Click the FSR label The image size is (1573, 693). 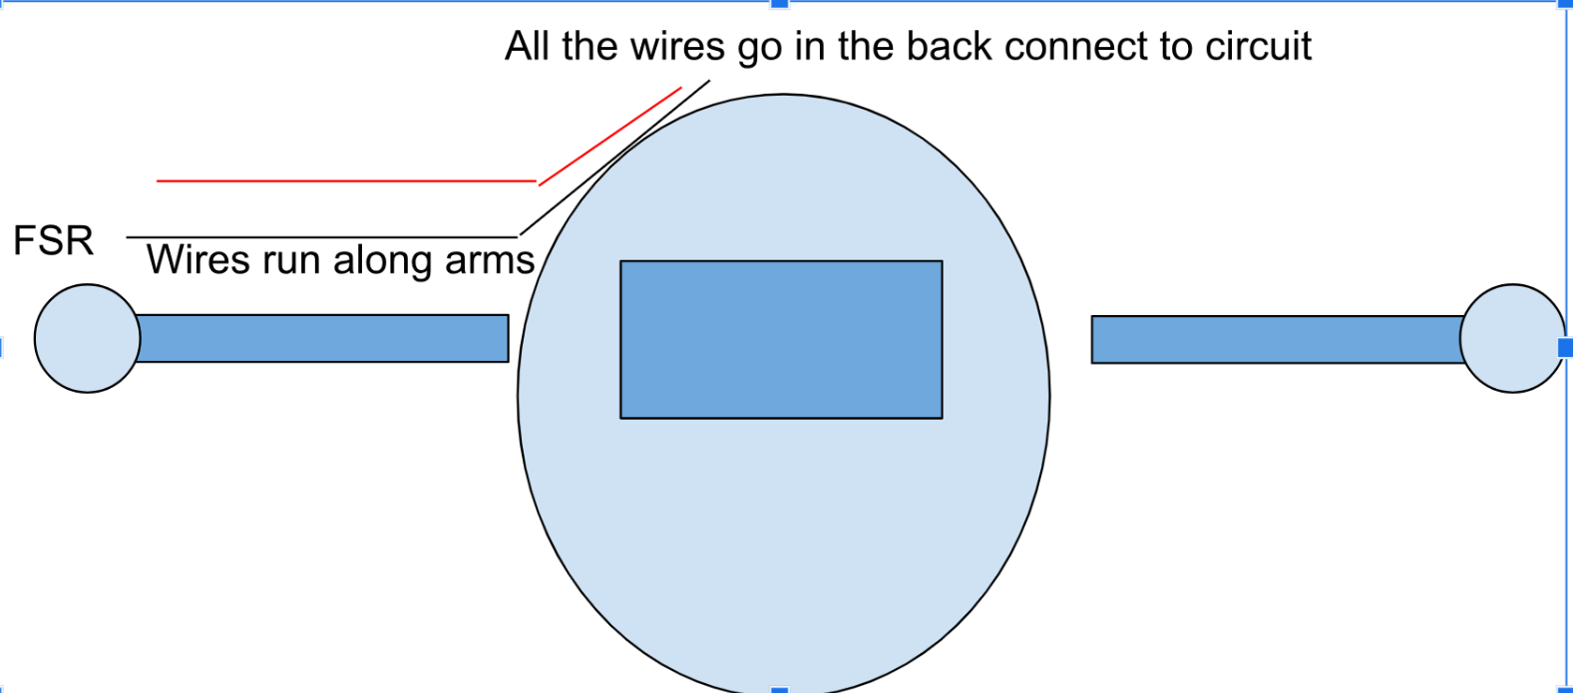pyautogui.click(x=53, y=241)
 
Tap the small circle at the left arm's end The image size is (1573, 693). pyautogui.click(x=87, y=338)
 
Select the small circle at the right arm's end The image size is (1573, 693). pyautogui.click(x=1511, y=338)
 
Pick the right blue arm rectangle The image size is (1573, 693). pyautogui.click(x=1276, y=339)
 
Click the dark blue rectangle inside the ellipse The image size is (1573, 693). pyautogui.click(x=781, y=339)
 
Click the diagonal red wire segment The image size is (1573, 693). pyautogui.click(x=610, y=135)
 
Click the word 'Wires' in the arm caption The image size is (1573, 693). pyautogui.click(x=197, y=260)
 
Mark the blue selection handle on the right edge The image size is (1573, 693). pyautogui.click(x=1565, y=347)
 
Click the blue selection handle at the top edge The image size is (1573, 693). pyautogui.click(x=780, y=4)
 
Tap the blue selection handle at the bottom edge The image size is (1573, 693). pyautogui.click(x=780, y=689)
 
